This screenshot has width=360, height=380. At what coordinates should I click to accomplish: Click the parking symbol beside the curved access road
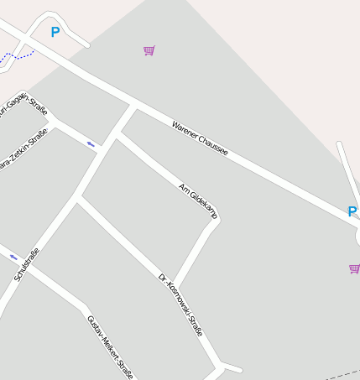55,33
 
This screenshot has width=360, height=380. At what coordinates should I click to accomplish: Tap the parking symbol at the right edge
352,211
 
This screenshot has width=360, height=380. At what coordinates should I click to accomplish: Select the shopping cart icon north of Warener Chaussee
149,51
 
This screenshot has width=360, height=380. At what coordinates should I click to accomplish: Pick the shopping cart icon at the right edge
354,268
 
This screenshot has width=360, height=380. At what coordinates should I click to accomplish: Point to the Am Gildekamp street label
199,201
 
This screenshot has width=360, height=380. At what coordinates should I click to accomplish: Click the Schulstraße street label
26,263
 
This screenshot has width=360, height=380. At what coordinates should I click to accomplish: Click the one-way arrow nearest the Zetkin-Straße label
91,144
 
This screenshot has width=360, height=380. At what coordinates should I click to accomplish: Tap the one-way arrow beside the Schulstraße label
13,257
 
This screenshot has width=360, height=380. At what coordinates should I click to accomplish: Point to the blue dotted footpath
17,56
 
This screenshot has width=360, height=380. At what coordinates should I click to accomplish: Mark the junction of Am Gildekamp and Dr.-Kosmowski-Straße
175,287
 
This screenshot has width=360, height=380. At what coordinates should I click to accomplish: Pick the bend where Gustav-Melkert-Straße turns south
84,304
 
